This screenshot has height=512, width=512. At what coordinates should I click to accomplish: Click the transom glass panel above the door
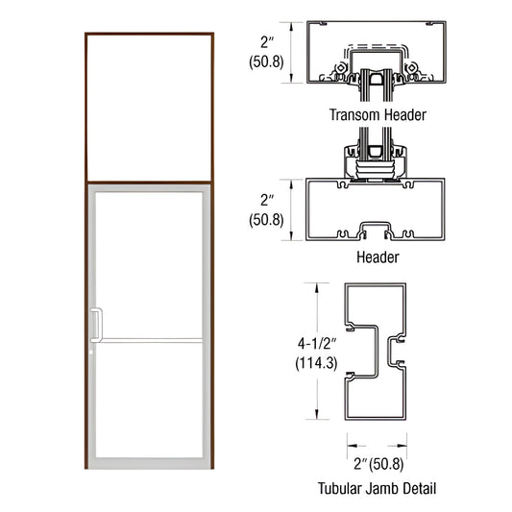click(x=149, y=107)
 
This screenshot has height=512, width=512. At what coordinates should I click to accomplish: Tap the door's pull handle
click(x=95, y=325)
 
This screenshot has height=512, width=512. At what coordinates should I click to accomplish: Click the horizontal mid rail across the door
click(x=149, y=339)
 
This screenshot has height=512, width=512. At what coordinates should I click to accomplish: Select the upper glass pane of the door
click(x=151, y=264)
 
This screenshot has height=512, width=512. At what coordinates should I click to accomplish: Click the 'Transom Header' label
click(x=378, y=114)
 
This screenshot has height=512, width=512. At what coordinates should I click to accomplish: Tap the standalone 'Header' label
click(x=378, y=257)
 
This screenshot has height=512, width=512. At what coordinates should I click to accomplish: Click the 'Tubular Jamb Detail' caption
click(x=377, y=489)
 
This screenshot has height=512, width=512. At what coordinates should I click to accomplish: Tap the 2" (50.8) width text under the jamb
click(x=377, y=463)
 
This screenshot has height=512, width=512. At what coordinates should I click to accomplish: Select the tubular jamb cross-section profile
click(x=377, y=351)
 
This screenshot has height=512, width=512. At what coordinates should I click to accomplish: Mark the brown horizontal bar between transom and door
click(x=149, y=183)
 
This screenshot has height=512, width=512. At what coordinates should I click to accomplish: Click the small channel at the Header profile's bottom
click(x=378, y=230)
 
